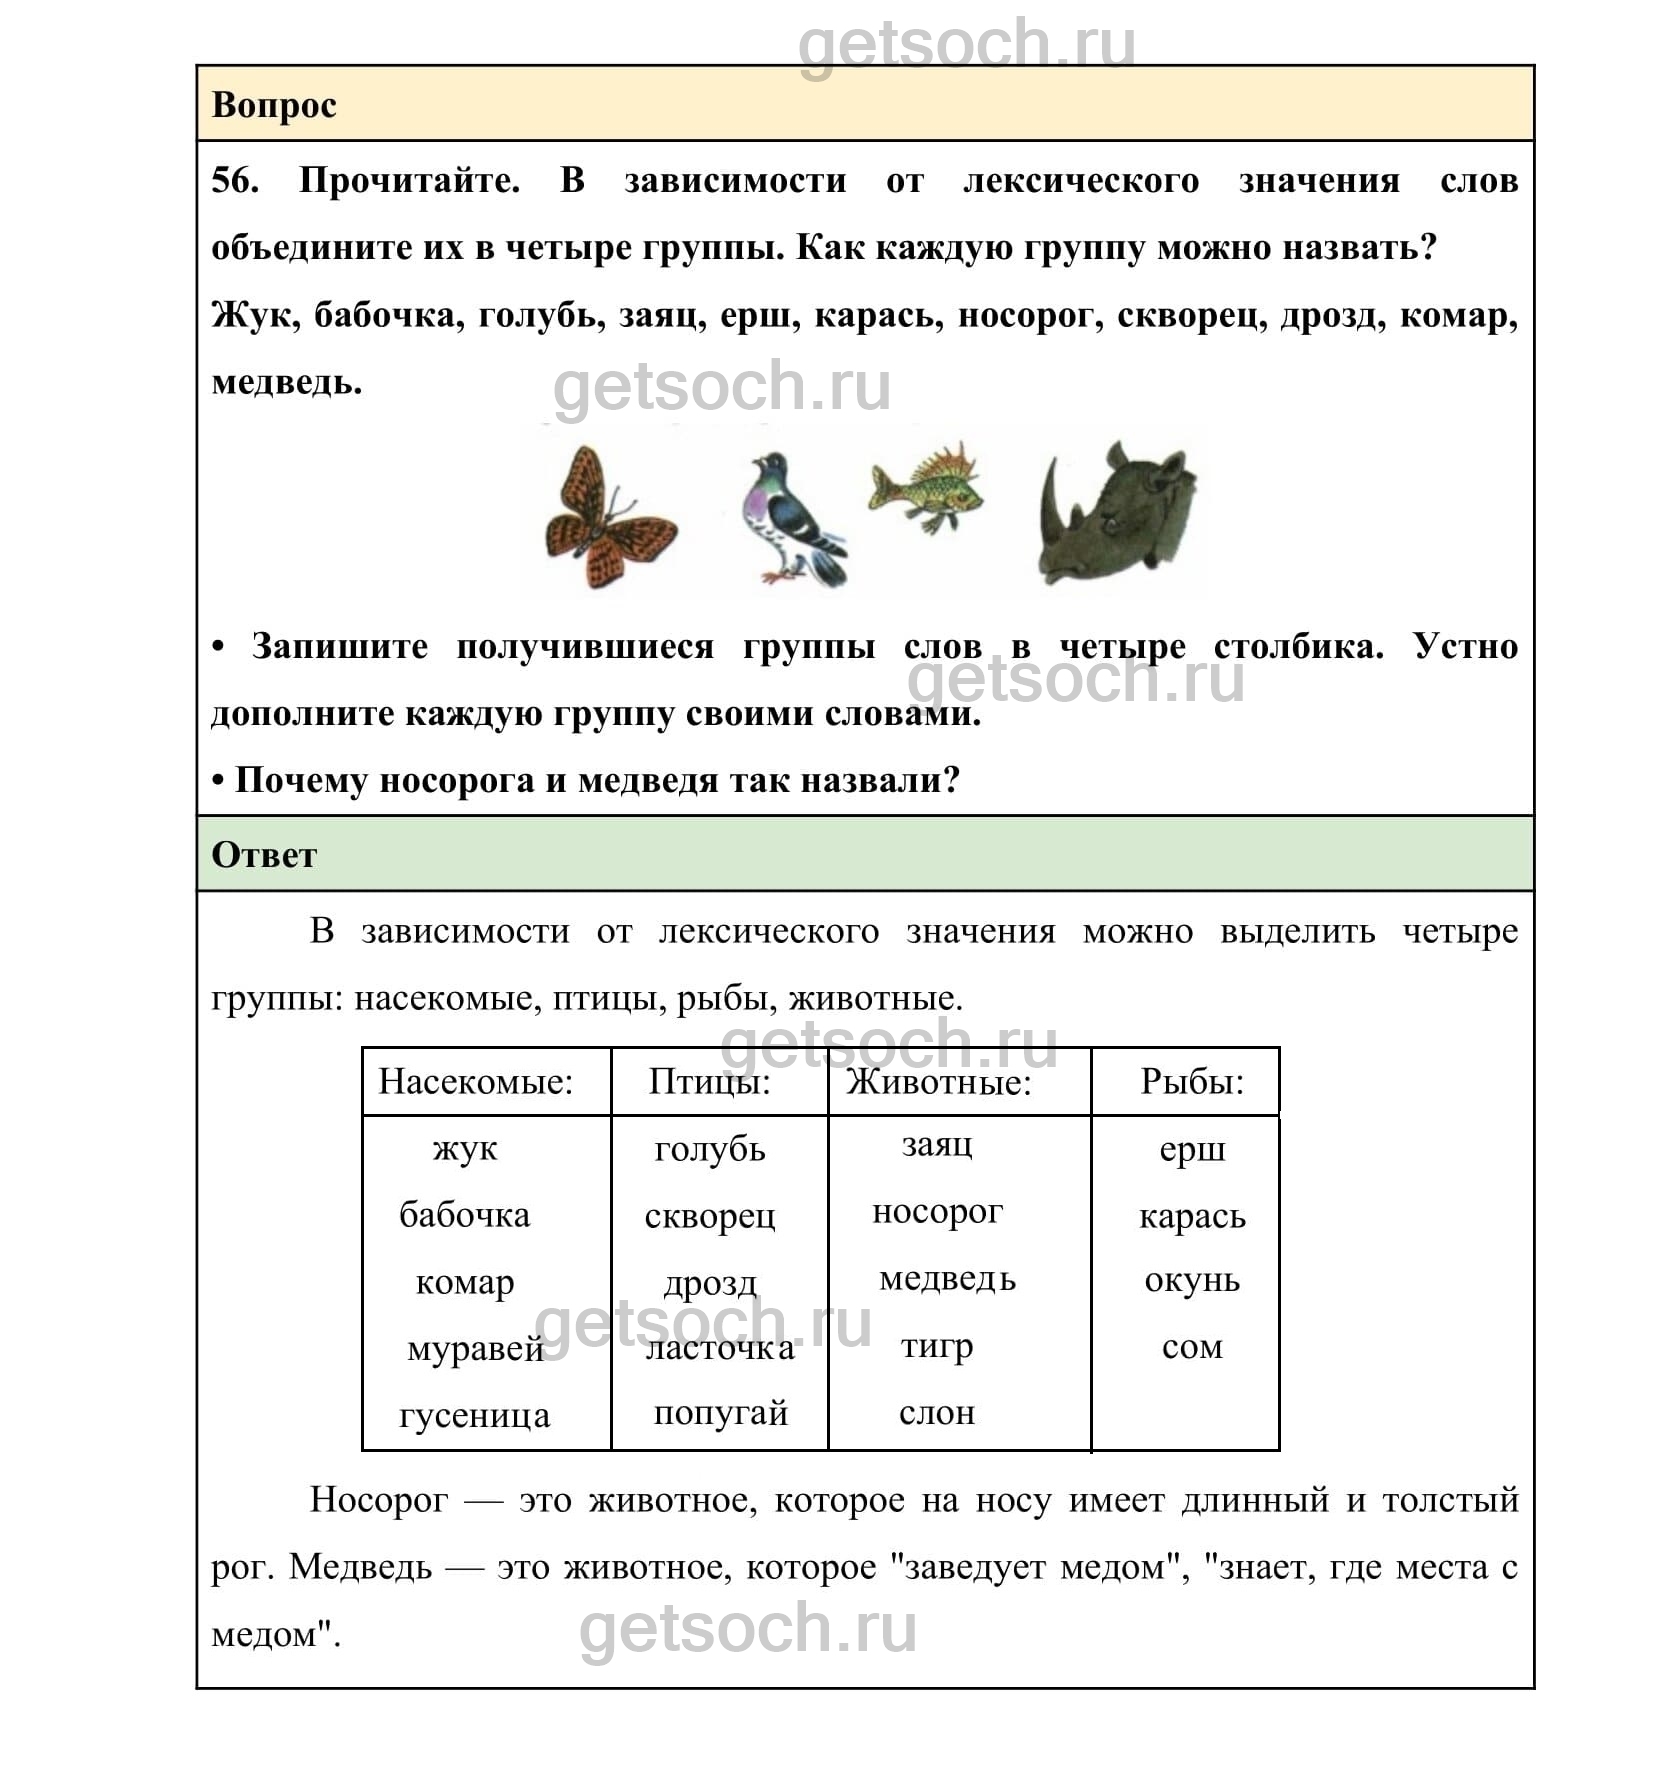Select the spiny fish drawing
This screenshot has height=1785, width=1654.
click(926, 488)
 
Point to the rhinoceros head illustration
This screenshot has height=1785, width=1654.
click(1120, 512)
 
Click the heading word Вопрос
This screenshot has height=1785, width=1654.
click(274, 105)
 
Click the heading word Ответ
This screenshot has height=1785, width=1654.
click(264, 855)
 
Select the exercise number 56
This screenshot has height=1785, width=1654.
click(234, 181)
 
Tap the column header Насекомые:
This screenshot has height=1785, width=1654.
click(475, 1081)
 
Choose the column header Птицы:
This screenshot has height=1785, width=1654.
click(709, 1081)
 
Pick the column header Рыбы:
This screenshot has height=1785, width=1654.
click(1191, 1081)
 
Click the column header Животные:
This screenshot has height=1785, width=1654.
click(938, 1082)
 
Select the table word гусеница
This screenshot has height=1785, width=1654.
click(474, 1415)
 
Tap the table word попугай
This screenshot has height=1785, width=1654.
click(720, 1412)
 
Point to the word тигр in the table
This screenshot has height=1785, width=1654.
click(936, 1346)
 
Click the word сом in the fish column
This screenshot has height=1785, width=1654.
click(1191, 1347)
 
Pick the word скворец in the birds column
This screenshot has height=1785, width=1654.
click(709, 1216)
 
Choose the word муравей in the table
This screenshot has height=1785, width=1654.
click(475, 1349)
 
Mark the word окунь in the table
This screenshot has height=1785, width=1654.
click(1191, 1280)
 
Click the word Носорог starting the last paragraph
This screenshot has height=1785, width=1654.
click(378, 1500)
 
